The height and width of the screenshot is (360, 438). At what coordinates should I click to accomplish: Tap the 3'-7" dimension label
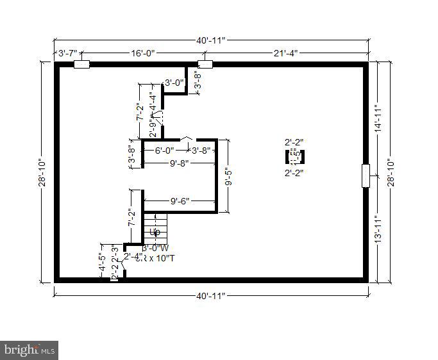[68, 53]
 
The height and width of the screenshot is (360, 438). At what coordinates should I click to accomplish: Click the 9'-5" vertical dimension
[227, 176]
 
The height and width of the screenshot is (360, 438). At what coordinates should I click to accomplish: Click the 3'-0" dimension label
[174, 82]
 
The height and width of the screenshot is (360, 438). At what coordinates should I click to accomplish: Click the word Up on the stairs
[154, 231]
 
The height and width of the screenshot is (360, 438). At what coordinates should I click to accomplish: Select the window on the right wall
[366, 176]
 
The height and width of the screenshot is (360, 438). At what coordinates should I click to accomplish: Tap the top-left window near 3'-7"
[81, 64]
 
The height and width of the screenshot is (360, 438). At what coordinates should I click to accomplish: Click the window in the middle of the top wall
[205, 64]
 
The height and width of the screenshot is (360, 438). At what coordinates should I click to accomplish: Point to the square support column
[294, 157]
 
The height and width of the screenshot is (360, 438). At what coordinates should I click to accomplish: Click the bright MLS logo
[29, 350]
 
